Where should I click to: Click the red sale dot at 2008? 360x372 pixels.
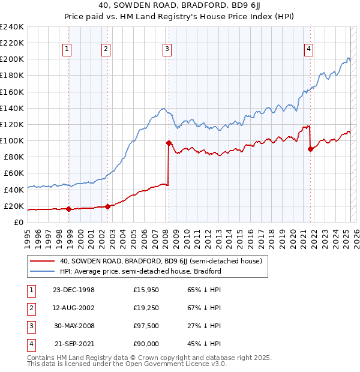[x=169, y=143]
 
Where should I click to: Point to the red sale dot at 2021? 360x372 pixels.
[x=310, y=149]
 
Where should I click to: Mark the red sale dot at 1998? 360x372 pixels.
[x=69, y=209]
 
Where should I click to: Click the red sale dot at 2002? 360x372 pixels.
[x=108, y=206]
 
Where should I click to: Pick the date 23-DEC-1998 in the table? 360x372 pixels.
[x=74, y=290]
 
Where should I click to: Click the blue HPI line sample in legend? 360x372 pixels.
[x=42, y=271]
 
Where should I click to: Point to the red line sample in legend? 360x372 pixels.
[x=42, y=262]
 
